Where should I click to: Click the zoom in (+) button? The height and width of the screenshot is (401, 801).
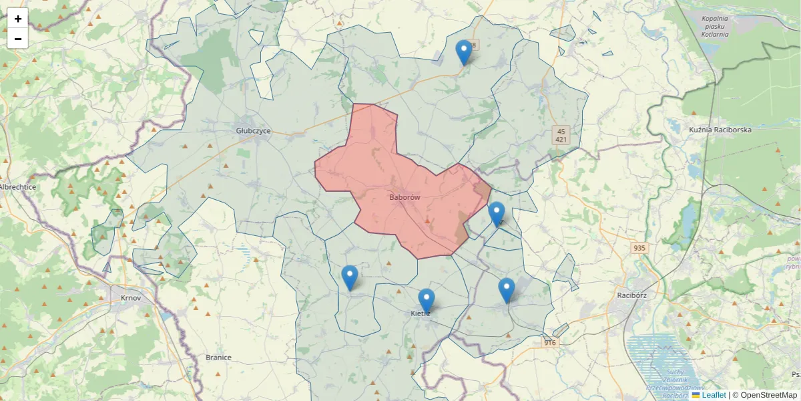point(18,19)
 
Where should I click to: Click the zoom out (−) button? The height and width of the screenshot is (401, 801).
point(18,39)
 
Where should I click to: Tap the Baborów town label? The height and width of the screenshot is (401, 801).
point(405,198)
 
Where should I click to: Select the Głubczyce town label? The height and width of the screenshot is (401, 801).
point(253,131)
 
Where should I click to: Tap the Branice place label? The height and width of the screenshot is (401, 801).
point(218,358)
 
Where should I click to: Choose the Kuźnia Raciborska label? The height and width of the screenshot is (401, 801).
point(720,130)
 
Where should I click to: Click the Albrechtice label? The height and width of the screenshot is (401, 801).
point(18,187)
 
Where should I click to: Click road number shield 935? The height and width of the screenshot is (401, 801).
point(639,248)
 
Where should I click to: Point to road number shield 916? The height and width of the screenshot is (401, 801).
point(549,343)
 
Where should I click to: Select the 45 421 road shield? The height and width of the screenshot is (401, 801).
point(561,136)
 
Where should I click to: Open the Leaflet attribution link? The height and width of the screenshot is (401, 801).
point(714,395)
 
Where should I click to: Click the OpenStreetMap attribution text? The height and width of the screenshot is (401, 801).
point(768,395)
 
